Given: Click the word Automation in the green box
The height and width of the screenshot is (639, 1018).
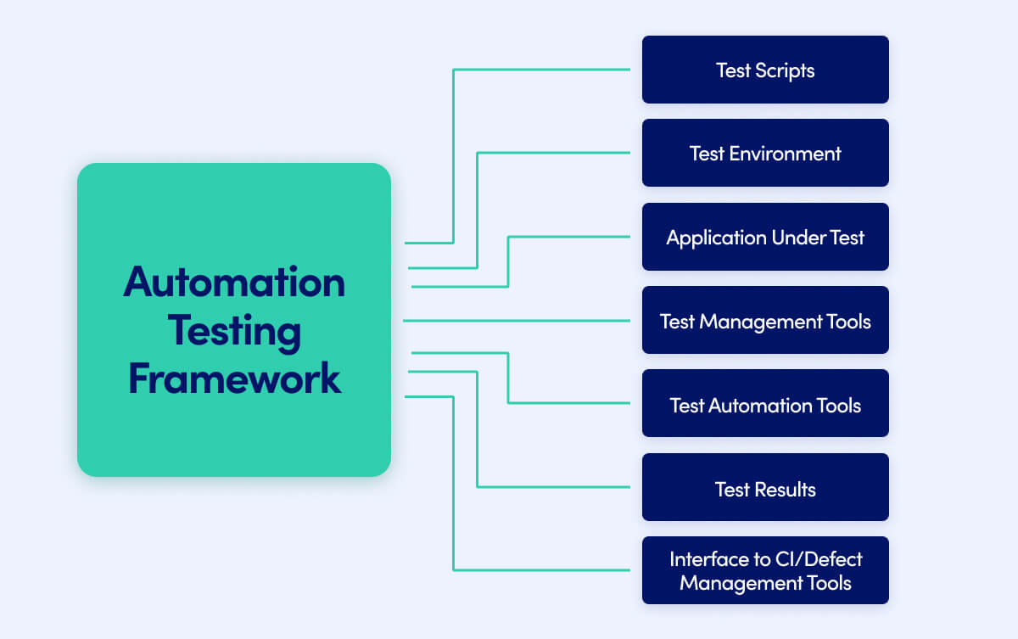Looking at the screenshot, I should (x=234, y=282).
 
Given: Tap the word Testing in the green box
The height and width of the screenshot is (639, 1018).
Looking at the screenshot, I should (x=234, y=330).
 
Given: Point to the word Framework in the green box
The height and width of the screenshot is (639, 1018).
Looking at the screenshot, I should (x=234, y=378).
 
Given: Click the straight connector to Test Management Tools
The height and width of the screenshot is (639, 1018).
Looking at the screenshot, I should (x=517, y=321).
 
